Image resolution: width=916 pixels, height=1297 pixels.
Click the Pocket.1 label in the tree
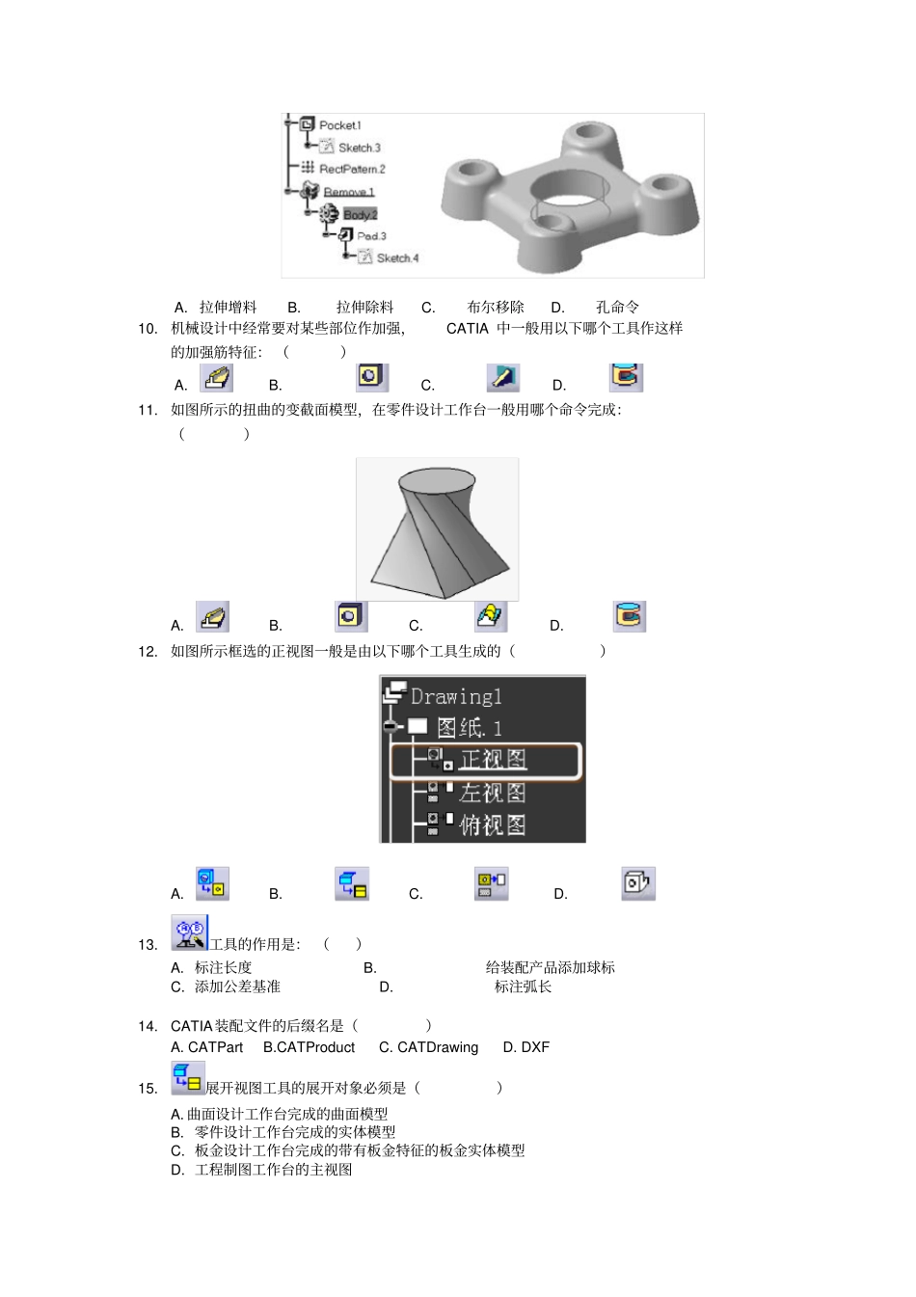[x=339, y=125]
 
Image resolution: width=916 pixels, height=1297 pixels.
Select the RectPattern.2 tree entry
[x=352, y=169]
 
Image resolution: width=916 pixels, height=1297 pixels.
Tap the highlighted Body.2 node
[x=360, y=214]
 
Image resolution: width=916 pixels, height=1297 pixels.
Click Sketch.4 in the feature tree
[x=397, y=257]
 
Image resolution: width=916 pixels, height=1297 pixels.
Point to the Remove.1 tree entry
[x=348, y=192]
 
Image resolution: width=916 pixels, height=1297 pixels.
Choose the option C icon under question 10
[x=503, y=377]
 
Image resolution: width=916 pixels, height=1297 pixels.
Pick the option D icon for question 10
[x=626, y=376]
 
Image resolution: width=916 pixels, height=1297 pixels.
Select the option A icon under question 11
[x=213, y=616]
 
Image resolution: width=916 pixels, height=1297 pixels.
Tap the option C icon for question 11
[x=491, y=616]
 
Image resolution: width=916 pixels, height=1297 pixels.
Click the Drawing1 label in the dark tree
[x=456, y=696]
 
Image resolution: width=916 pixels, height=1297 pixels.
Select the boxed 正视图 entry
[x=493, y=760]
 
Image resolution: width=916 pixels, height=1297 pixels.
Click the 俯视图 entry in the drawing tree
[x=492, y=825]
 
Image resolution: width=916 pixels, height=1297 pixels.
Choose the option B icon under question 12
[x=352, y=884]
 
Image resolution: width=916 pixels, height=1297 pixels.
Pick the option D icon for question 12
[x=637, y=883]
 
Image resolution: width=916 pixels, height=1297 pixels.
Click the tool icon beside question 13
[x=189, y=932]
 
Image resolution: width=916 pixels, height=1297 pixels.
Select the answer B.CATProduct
[x=309, y=1047]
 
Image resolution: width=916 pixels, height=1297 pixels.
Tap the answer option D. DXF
[x=525, y=1047]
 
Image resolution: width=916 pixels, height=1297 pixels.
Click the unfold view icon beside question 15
[x=188, y=1078]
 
